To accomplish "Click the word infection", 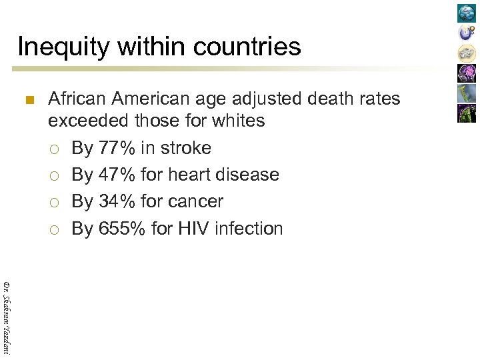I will [250, 229].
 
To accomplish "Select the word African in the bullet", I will [77, 99].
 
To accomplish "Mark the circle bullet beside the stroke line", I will [54, 149].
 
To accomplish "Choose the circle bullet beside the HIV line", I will [54, 229].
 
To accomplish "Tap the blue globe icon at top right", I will [467, 13].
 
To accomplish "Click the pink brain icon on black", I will [467, 73].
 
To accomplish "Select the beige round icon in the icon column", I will [467, 53].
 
